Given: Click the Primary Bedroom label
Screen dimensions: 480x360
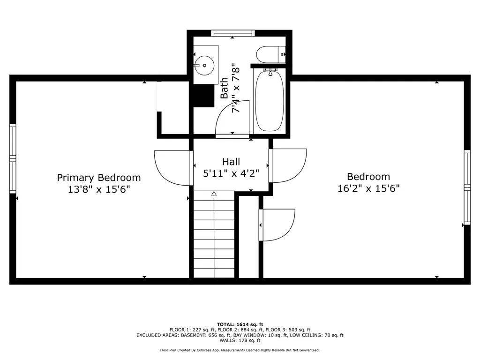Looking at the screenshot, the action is click(98, 178).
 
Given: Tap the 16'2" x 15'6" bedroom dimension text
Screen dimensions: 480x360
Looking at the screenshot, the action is click(368, 188).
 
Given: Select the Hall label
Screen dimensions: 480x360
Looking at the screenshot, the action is click(231, 162).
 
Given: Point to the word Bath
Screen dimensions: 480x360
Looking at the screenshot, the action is click(225, 88).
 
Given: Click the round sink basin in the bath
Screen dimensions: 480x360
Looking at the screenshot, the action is click(204, 66).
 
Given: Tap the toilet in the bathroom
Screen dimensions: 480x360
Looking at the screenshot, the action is click(271, 54).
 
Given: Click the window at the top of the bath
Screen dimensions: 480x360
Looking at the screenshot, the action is click(232, 33).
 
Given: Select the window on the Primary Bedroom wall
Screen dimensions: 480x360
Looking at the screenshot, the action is click(13, 158).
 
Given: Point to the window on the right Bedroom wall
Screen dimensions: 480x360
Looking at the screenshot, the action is click(467, 187).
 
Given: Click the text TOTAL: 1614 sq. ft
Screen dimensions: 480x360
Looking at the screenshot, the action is click(240, 324).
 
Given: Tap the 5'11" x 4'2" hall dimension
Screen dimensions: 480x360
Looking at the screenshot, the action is click(231, 173).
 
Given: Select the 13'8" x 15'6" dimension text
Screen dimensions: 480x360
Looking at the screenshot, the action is click(99, 189).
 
